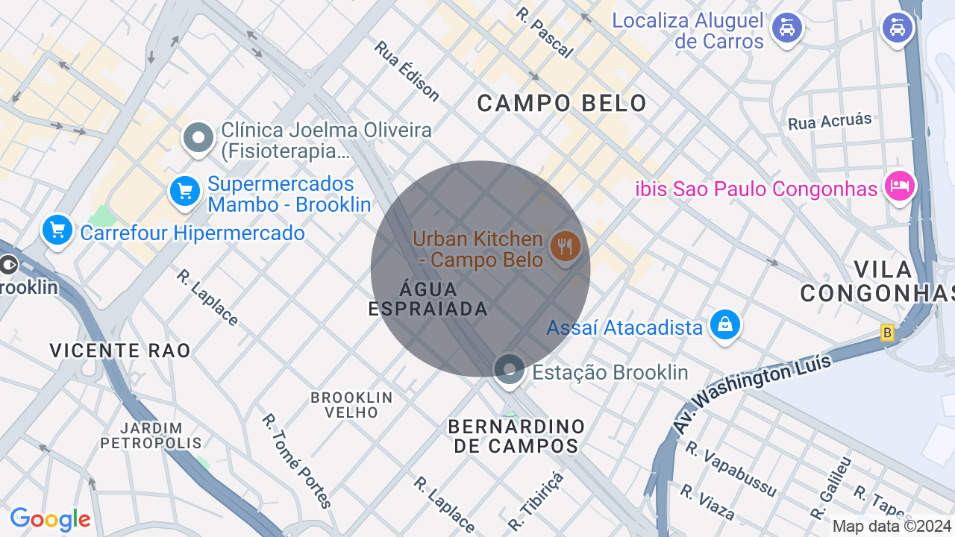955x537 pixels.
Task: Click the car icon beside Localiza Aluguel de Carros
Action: click(x=786, y=29)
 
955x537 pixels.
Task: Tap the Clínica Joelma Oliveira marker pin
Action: click(x=198, y=138)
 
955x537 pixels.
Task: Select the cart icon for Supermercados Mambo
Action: click(x=184, y=192)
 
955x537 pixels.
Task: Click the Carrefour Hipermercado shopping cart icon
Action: click(x=57, y=230)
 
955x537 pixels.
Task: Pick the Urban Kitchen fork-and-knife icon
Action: click(x=565, y=245)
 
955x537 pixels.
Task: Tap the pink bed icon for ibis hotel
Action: click(x=899, y=185)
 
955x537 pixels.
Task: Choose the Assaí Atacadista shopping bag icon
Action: click(x=724, y=324)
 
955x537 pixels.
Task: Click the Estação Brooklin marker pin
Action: click(x=510, y=369)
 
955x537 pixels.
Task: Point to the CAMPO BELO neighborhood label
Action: click(x=562, y=103)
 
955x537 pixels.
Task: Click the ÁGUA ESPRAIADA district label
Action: click(x=428, y=298)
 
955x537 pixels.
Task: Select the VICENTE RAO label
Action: click(x=120, y=350)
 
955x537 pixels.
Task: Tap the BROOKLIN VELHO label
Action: click(x=351, y=405)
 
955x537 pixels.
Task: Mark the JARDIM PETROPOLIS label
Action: click(x=151, y=435)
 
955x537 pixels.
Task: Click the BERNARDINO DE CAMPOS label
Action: click(x=516, y=436)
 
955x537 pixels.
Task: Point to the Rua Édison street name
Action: click(x=407, y=71)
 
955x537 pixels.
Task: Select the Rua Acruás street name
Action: click(x=830, y=122)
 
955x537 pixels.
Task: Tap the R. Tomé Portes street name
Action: click(x=297, y=460)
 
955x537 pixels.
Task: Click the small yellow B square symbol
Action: click(x=887, y=333)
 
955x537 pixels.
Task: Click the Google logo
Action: click(x=50, y=519)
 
